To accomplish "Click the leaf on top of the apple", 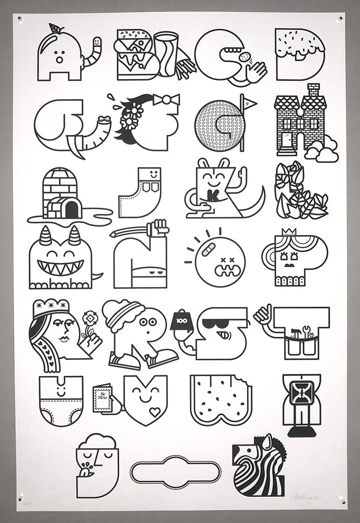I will click(x=55, y=29).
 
